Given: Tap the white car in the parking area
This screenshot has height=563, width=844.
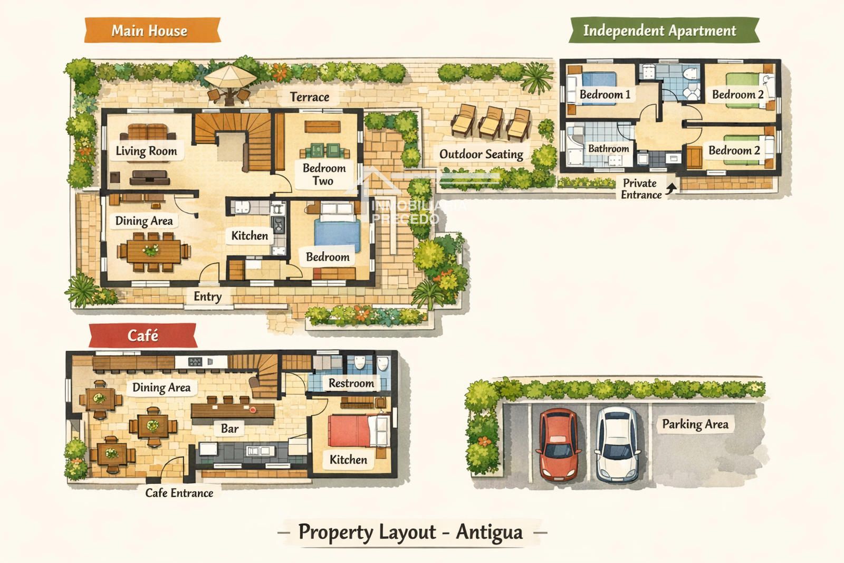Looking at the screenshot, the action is tap(617, 445).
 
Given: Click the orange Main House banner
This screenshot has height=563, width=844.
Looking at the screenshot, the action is tap(152, 30).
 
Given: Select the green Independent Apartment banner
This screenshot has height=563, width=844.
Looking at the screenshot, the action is tap(664, 30).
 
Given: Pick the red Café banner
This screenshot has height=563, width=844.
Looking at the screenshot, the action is tap(143, 335).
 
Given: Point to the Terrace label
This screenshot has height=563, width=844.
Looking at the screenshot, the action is tap(309, 97).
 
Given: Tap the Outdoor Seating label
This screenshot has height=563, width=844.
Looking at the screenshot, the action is tap(481, 154).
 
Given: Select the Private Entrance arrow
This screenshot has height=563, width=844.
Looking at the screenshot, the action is tap(670, 188).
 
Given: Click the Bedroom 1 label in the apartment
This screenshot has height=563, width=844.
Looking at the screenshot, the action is tap(605, 94).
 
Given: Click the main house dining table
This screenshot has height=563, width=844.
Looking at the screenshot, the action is tap(154, 252).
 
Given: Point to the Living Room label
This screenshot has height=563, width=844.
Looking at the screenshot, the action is tap(146, 151).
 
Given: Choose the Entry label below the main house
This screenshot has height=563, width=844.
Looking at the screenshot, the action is tap(207, 297).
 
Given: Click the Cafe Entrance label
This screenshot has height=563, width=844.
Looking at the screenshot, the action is tap(179, 493).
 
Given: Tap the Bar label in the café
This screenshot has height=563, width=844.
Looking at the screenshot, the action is tap(229, 428).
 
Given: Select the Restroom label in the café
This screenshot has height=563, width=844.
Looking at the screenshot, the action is tap(351, 383).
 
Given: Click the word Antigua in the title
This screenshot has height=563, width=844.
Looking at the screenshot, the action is tap(489, 532).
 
